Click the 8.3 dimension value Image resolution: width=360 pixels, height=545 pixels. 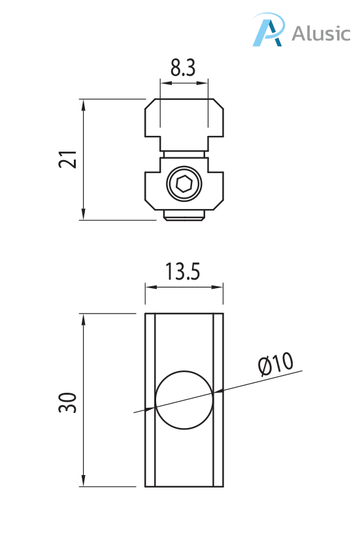click(x=184, y=67)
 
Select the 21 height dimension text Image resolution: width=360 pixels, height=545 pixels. click(x=69, y=159)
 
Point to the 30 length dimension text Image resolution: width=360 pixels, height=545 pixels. click(x=69, y=402)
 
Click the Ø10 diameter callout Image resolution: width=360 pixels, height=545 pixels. click(x=275, y=365)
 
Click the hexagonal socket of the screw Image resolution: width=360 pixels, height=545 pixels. click(x=184, y=184)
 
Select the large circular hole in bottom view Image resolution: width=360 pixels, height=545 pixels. click(x=184, y=400)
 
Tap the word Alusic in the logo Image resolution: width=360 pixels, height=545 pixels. click(x=320, y=33)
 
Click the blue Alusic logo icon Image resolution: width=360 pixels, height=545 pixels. click(x=269, y=31)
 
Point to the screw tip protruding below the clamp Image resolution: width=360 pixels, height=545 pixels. click(x=184, y=216)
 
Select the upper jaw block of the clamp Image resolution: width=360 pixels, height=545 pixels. click(x=184, y=121)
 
